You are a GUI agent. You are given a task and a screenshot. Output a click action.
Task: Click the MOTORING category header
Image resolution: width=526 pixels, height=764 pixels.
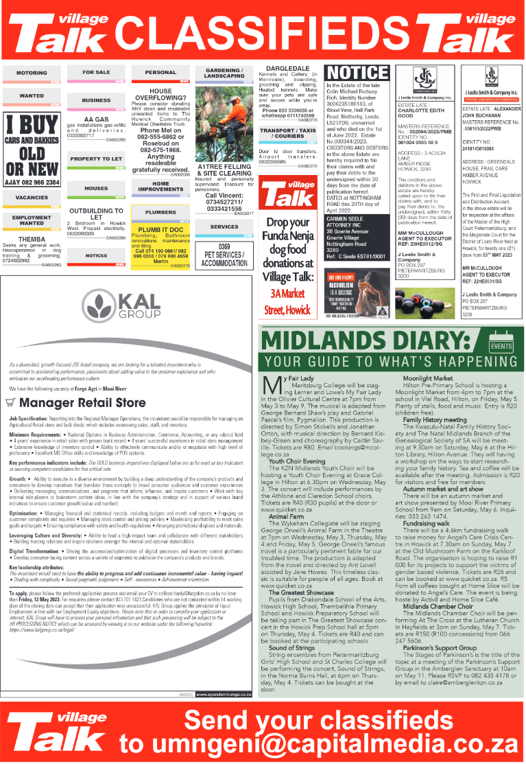point(32,73)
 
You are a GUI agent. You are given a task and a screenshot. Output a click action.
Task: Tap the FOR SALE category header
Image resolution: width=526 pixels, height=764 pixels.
point(96,72)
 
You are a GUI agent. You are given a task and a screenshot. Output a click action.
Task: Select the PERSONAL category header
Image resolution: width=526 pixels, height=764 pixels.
point(160,72)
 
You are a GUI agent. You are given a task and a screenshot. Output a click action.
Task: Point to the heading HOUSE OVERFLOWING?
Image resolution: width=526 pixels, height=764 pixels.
point(160,95)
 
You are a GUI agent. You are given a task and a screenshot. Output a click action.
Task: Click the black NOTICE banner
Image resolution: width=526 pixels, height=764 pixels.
point(357,73)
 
